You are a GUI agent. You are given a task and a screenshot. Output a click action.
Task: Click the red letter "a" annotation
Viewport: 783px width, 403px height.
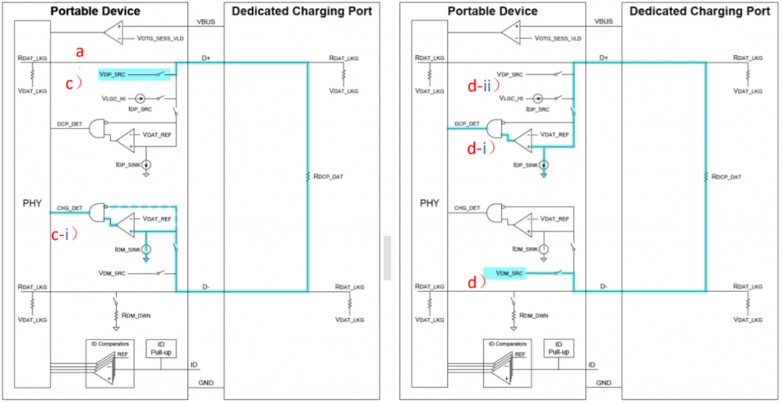point(79,52)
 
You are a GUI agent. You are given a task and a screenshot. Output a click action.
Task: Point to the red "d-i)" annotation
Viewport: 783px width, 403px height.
point(479,149)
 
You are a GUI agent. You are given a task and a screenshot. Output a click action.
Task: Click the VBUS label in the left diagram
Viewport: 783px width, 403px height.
point(206,22)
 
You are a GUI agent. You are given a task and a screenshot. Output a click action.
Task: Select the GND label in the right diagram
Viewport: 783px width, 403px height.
point(604,382)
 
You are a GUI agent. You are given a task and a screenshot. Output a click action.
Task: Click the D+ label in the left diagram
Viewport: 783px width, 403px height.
point(206,57)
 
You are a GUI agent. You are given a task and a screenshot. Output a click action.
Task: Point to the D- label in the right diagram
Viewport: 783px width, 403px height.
point(603,286)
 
